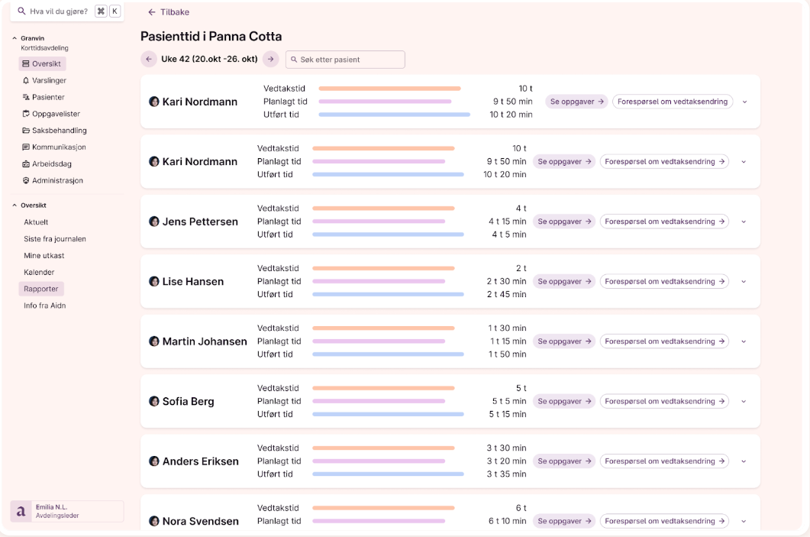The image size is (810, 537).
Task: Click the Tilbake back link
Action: pos(169,12)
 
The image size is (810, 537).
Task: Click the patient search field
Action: pos(345,60)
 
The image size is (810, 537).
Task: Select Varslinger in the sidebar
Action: pos(49,80)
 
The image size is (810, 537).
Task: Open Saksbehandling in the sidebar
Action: pos(59,131)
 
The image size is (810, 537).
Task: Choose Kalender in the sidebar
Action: pos(39,272)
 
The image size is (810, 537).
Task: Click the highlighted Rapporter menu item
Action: pos(41,289)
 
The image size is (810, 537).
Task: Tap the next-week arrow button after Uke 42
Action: pos(270,59)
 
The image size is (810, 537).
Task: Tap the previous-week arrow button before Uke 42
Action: pos(149,59)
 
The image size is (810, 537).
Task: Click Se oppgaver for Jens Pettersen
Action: pos(564,222)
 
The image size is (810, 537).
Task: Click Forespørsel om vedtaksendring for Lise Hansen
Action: pos(664,281)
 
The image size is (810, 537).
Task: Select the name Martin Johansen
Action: pos(205,341)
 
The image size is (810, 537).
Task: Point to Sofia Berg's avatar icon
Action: pos(154,401)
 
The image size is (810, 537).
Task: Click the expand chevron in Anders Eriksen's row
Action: pos(744,461)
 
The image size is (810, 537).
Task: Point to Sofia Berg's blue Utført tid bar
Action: pos(388,414)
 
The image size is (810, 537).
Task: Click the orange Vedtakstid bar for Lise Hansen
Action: pos(383,268)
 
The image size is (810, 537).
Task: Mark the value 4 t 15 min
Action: pos(507,222)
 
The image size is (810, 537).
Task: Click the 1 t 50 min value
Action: pos(508,354)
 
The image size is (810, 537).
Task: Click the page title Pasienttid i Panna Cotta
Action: pos(211,36)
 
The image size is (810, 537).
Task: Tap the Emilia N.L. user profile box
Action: pos(66,511)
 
